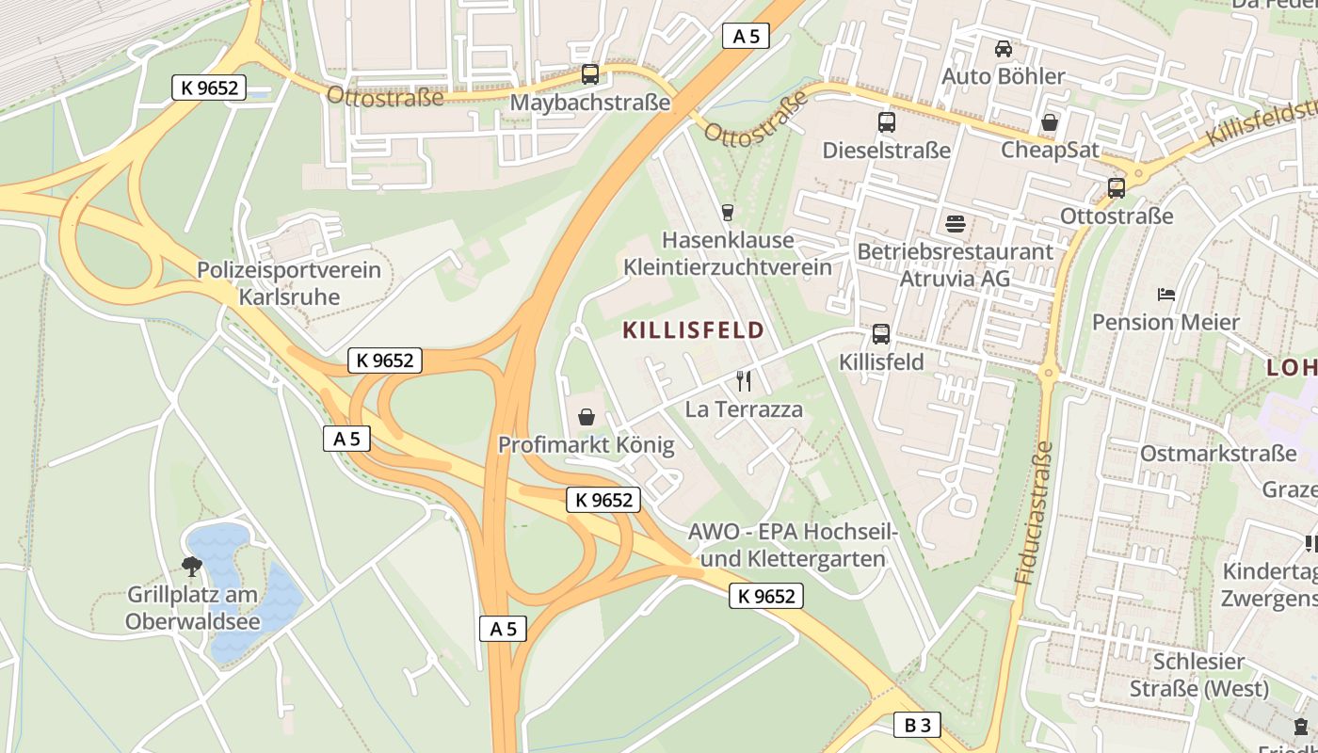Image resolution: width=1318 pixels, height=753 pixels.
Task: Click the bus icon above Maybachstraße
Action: coord(590,73)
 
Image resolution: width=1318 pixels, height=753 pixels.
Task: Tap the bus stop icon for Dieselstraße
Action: coord(886,121)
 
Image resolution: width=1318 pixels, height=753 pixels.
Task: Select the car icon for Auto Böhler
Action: coord(1004,48)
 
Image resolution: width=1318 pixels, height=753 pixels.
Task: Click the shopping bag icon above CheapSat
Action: coord(1049,122)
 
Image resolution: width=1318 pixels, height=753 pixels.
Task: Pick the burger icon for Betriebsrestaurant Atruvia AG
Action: coord(956,224)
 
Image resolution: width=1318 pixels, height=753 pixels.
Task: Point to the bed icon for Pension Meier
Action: coord(1166,294)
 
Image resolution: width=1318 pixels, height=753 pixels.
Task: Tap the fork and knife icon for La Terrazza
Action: coord(744,380)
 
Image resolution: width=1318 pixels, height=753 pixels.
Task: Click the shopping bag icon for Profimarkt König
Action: coord(587,416)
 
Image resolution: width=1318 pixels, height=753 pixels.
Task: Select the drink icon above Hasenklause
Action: coord(727,212)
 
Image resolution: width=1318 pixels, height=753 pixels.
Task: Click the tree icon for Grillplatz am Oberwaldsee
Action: coord(192,566)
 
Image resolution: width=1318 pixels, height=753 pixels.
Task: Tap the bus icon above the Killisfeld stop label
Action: coord(881,333)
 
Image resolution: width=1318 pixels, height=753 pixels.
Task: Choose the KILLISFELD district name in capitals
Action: coord(693,330)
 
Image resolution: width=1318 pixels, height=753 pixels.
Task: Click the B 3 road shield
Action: coord(917,725)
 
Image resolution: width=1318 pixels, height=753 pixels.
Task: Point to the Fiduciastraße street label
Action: coord(1034,513)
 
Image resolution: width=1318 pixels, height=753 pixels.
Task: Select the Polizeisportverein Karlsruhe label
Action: coord(289,283)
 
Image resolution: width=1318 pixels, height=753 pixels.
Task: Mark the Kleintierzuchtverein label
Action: coord(728,267)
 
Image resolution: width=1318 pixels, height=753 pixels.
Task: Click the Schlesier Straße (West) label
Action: coord(1199,675)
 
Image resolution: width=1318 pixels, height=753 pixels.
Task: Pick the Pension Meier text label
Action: coord(1165,322)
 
